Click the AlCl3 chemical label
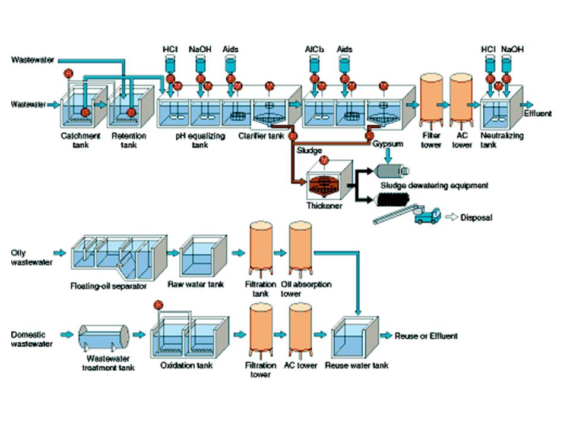coord(313,48)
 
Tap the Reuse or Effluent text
coord(426,336)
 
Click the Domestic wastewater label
coord(28,339)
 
